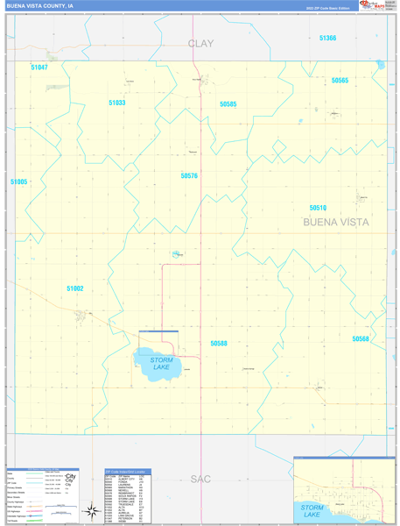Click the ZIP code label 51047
click(x=39, y=68)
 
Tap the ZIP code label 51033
click(x=117, y=103)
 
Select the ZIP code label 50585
click(x=228, y=104)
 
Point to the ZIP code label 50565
click(x=340, y=81)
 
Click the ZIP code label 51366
click(x=327, y=38)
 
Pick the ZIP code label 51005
click(x=19, y=181)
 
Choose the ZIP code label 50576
click(x=189, y=175)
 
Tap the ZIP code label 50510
click(x=318, y=208)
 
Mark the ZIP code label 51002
click(x=75, y=288)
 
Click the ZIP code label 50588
click(x=218, y=344)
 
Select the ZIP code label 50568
click(x=361, y=338)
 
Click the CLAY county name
click(x=200, y=43)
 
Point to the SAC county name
click(x=200, y=479)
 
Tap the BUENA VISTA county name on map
click(x=336, y=223)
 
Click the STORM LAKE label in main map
click(x=161, y=363)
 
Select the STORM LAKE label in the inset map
click(x=312, y=510)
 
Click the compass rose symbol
click(x=90, y=511)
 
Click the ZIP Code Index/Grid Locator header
click(x=127, y=472)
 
